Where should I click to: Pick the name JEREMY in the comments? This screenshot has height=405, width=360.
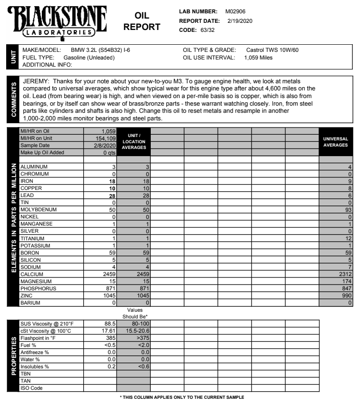click(x=36, y=82)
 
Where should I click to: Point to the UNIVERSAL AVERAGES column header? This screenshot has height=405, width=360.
click(x=336, y=142)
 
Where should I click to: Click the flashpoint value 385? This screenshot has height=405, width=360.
click(x=111, y=336)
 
